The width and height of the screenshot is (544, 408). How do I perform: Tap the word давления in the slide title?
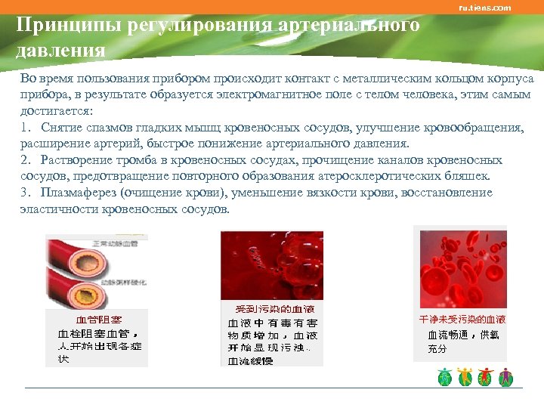click(x=60, y=51)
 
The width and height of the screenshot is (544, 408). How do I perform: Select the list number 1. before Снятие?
click(x=26, y=127)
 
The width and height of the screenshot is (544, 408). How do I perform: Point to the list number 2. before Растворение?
click(x=26, y=160)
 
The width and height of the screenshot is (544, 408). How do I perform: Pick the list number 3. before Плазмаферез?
click(x=26, y=193)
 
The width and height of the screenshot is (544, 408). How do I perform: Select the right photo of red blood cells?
click(x=463, y=268)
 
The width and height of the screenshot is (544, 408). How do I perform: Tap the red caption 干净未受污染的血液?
click(x=462, y=320)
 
